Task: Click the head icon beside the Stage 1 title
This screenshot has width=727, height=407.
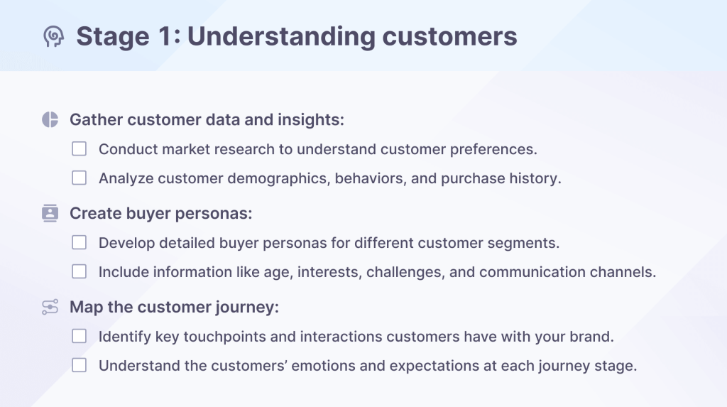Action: click(53, 36)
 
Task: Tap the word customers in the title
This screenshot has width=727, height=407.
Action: click(451, 36)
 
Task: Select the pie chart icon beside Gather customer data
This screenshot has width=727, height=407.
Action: click(50, 119)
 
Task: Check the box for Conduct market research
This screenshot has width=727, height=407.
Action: click(80, 149)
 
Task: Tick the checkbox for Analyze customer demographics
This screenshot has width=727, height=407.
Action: click(80, 178)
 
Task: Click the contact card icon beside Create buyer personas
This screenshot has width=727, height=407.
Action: click(50, 213)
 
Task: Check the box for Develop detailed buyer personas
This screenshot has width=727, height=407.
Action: click(80, 243)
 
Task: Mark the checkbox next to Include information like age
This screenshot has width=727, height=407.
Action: click(80, 271)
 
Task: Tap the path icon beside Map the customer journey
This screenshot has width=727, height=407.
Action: click(50, 307)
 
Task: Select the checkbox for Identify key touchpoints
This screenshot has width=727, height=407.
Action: click(80, 336)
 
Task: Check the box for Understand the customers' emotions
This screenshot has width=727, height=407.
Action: click(80, 366)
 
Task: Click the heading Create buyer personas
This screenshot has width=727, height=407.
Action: click(161, 213)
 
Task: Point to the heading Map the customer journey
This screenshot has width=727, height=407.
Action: click(174, 307)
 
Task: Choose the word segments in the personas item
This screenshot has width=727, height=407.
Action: click(526, 243)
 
